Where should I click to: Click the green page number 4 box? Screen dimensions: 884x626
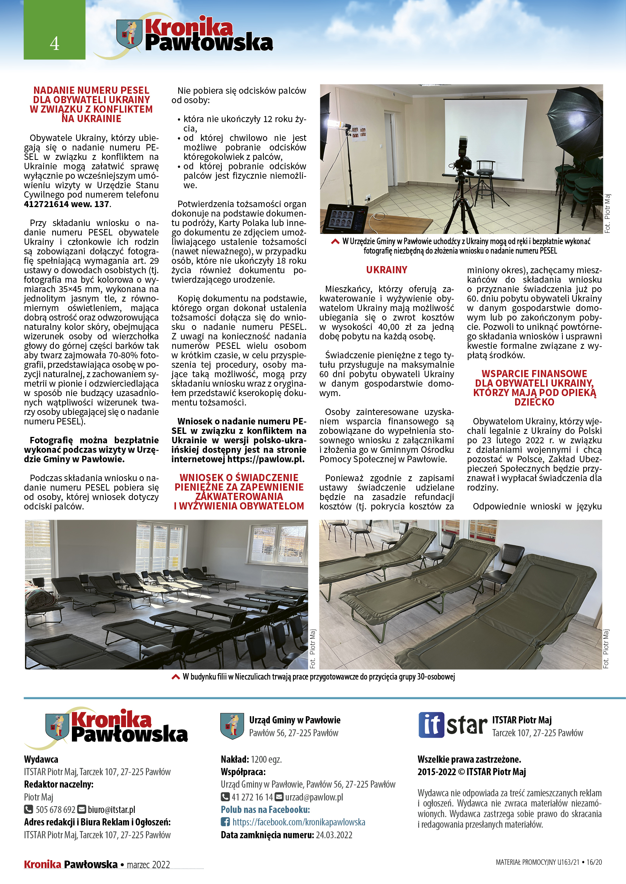[55, 30]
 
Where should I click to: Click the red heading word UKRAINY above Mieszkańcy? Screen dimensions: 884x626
[386, 270]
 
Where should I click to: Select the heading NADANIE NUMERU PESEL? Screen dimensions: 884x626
[91, 90]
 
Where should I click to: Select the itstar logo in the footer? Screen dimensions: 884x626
[453, 725]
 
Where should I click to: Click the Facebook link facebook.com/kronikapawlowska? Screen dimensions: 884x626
[298, 822]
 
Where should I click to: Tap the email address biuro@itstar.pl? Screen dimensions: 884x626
[111, 809]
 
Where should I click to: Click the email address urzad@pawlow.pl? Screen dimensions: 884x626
[314, 797]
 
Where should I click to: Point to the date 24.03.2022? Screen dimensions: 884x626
[334, 835]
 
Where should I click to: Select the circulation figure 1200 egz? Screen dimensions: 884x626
[266, 759]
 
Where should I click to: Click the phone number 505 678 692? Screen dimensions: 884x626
[55, 809]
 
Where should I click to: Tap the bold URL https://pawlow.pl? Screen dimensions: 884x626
[266, 459]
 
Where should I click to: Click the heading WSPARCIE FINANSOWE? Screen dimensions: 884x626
[534, 374]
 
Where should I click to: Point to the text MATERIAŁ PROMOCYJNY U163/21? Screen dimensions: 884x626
[537, 862]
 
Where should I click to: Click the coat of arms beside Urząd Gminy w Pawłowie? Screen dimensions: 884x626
[232, 726]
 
